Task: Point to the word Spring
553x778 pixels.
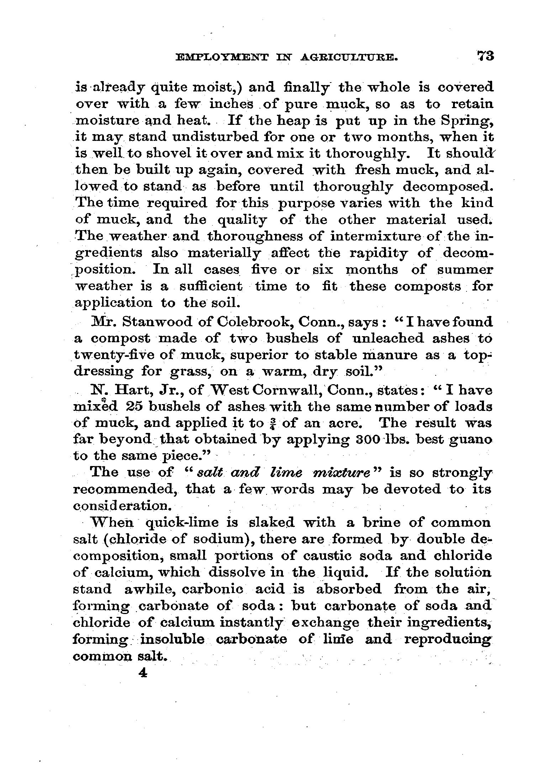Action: [467, 121]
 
